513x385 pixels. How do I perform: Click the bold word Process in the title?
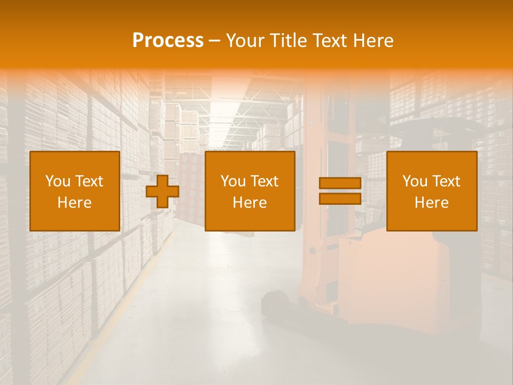tap(168, 41)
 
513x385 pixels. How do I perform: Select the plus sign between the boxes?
tap(162, 191)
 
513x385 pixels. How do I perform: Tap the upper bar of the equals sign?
tap(340, 183)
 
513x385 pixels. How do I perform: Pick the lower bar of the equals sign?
tap(340, 199)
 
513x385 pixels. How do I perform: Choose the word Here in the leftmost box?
tap(74, 203)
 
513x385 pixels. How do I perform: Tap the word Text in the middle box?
tap(265, 181)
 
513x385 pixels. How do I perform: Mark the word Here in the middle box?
tap(250, 203)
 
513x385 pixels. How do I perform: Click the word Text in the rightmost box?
tap(446, 181)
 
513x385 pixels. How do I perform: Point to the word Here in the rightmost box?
tap(431, 203)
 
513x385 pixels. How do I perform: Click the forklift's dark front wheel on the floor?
tap(275, 304)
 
